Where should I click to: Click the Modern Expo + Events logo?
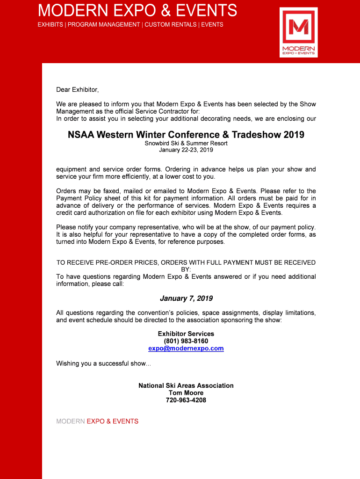tap(298, 32)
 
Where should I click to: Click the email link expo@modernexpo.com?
tap(186, 348)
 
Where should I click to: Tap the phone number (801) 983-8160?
tap(186, 341)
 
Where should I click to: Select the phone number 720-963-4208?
tap(186, 400)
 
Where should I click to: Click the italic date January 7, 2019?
tap(186, 298)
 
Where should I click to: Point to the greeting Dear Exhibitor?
tap(78, 89)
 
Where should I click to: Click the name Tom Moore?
tap(186, 393)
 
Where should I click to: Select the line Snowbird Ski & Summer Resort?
tap(186, 143)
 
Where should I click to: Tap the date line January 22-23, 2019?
tap(186, 150)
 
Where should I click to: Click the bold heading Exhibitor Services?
tap(186, 334)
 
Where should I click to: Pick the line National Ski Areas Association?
tap(186, 385)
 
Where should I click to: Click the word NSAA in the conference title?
tap(81, 135)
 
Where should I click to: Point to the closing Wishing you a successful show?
tap(103, 363)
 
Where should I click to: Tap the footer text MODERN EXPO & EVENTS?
tap(97, 421)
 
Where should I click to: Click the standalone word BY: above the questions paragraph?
tap(186, 270)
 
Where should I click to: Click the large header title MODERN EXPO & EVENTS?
tap(137, 10)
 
